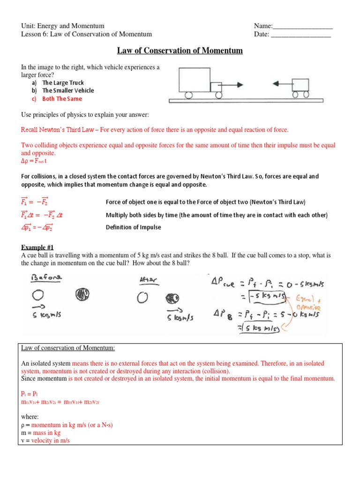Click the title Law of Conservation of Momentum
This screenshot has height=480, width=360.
tap(180, 51)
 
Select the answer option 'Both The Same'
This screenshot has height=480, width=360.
tap(61, 99)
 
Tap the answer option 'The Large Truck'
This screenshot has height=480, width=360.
tap(63, 83)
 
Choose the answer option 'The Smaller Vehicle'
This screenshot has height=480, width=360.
tap(67, 91)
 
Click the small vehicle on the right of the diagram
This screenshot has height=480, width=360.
tap(300, 85)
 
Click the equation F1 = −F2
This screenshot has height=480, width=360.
tap(35, 202)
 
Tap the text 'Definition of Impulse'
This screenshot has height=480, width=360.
tap(133, 227)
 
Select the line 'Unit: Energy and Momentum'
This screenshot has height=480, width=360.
tap(63, 26)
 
